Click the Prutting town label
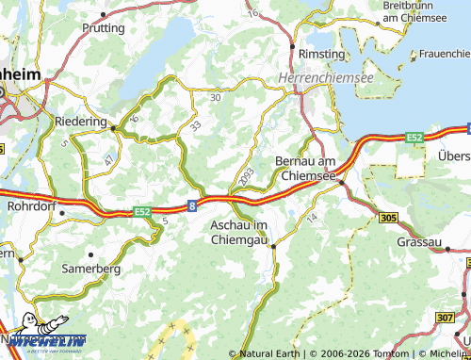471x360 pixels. tap(103, 28)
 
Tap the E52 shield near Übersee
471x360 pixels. tap(414, 138)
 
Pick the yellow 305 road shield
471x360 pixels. tap(388, 218)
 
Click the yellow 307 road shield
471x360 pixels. tap(445, 318)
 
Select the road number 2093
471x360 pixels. tap(247, 175)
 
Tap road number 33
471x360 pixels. tap(195, 125)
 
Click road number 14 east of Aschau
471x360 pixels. tap(313, 218)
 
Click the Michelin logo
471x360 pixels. tap(45, 341)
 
